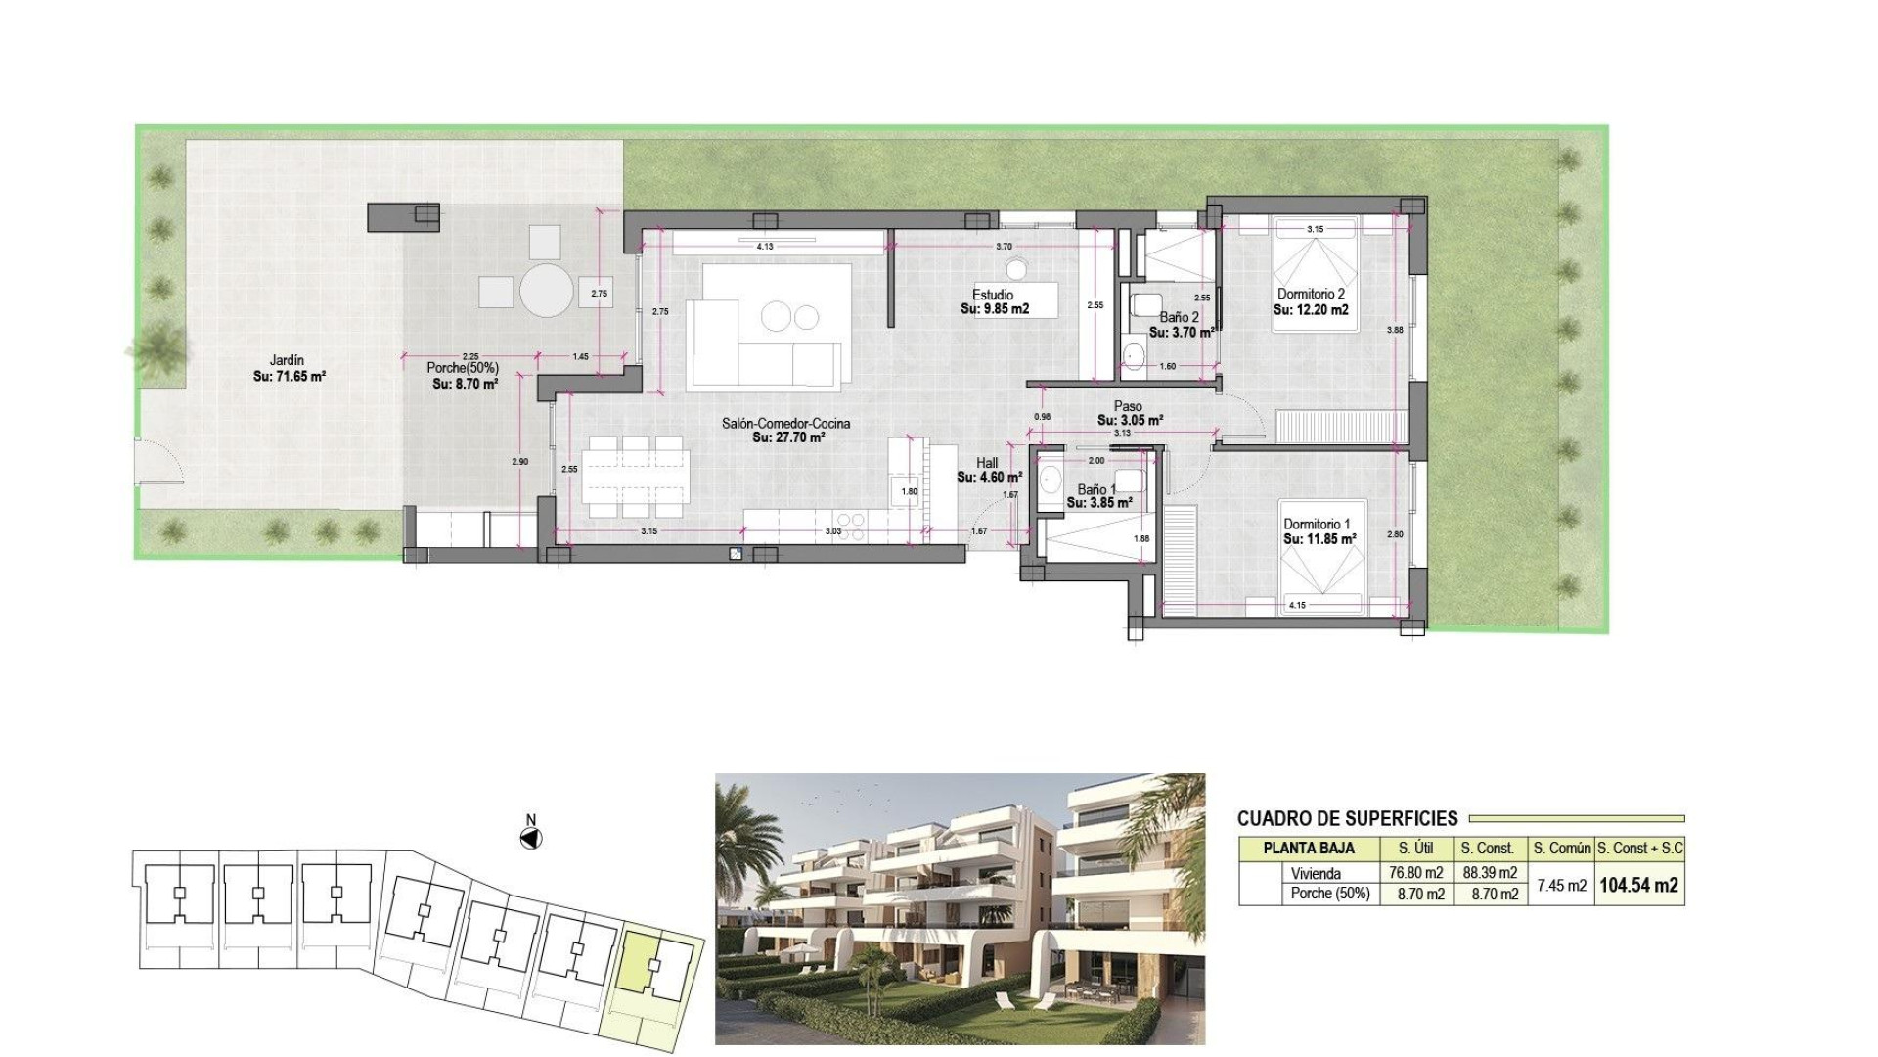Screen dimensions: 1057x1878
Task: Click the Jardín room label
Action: click(x=287, y=360)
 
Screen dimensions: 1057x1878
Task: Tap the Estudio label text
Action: click(x=993, y=295)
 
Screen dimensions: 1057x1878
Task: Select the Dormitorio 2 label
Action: click(x=1311, y=294)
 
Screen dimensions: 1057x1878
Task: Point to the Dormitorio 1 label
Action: click(x=1317, y=524)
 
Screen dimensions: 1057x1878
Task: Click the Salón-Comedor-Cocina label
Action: click(x=785, y=424)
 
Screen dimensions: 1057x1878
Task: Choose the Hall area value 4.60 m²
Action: click(x=990, y=478)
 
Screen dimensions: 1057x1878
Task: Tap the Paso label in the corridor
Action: click(x=1128, y=406)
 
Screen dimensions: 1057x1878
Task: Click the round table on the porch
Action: click(x=546, y=290)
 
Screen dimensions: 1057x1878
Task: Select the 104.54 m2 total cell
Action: click(x=1638, y=885)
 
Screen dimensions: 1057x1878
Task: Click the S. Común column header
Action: click(x=1561, y=849)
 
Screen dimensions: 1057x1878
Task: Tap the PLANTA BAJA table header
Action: click(x=1309, y=849)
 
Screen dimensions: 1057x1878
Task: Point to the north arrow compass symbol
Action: click(x=531, y=838)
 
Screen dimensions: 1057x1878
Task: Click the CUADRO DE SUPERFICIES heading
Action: click(x=1347, y=818)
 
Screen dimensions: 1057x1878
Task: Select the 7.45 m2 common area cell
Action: click(x=1561, y=885)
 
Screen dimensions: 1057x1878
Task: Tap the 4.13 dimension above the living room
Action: click(x=765, y=247)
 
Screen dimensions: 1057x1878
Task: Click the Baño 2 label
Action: click(x=1179, y=317)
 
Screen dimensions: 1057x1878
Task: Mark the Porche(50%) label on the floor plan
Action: click(x=462, y=368)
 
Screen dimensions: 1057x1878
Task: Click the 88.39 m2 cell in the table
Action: click(x=1489, y=873)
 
